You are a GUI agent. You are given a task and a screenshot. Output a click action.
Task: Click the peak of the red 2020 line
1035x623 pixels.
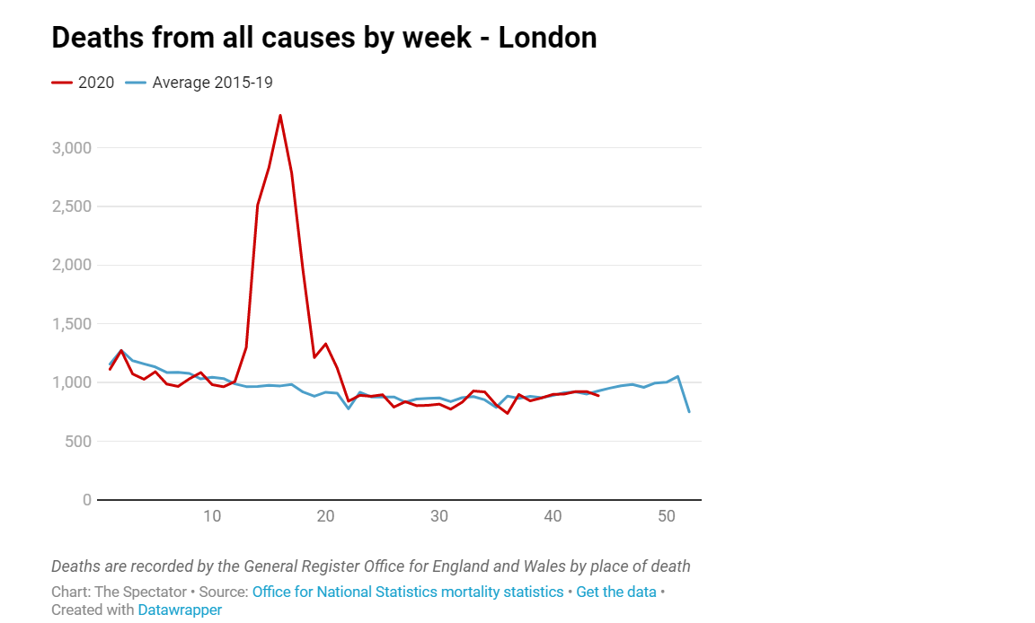coord(280,115)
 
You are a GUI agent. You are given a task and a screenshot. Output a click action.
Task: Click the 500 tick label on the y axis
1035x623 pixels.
coord(79,442)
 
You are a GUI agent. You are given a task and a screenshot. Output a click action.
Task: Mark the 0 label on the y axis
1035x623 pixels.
coord(86,500)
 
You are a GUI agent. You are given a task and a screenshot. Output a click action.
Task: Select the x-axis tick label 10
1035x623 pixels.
coord(212,516)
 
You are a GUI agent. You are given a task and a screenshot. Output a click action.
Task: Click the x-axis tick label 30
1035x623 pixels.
coord(439,516)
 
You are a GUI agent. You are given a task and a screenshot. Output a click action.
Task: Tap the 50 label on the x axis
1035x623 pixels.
coord(667,516)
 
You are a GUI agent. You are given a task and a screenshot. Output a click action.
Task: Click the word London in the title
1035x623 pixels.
coord(547,38)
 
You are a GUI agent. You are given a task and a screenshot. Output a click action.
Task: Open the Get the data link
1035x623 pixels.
coord(616,592)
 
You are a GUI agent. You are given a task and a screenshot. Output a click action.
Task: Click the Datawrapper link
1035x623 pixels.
coord(180,610)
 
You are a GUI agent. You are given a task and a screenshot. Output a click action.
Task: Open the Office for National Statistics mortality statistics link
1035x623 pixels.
coord(408,592)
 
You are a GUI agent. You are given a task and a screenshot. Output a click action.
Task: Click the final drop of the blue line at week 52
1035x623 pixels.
coord(689,411)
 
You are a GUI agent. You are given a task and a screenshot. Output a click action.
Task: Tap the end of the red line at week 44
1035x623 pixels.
coord(598,395)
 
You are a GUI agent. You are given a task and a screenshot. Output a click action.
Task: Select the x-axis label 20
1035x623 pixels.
coord(325,516)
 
